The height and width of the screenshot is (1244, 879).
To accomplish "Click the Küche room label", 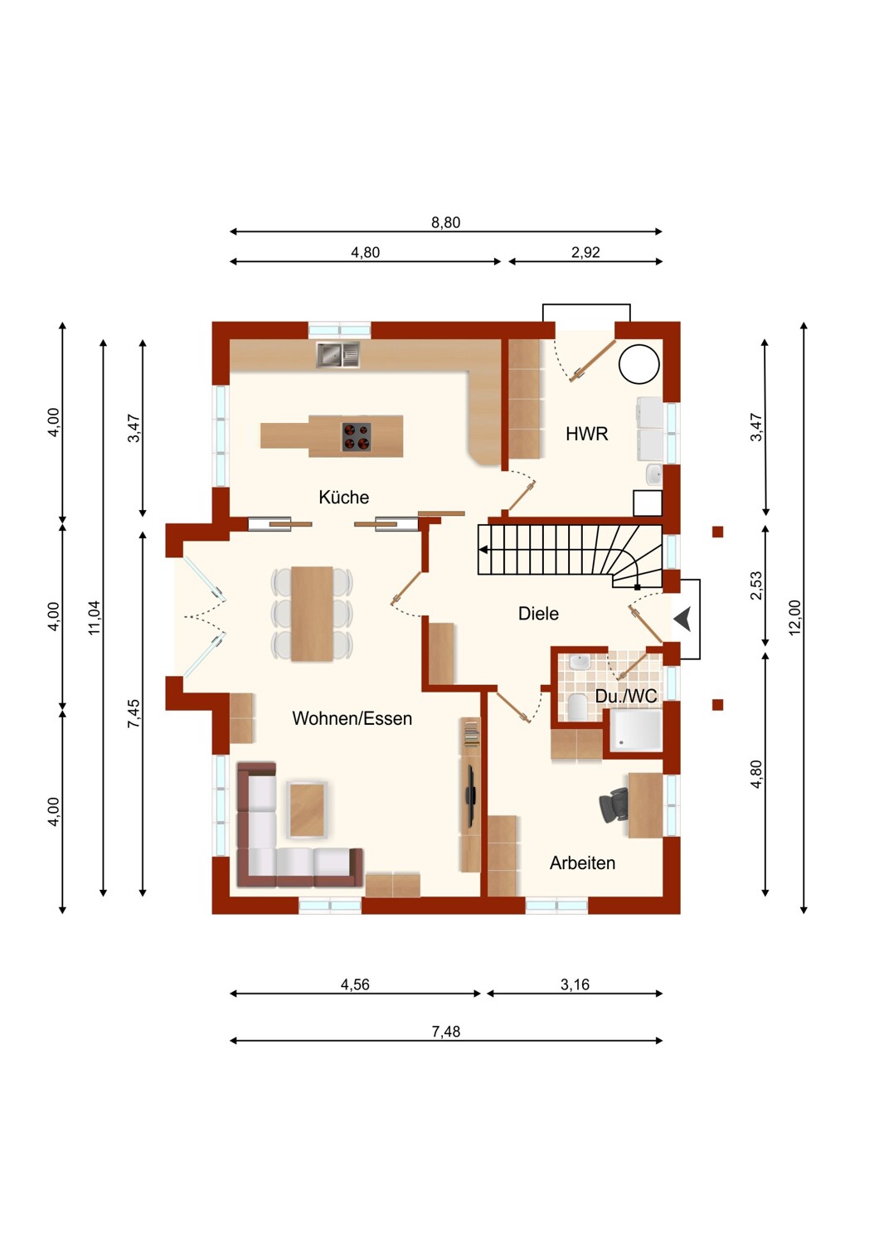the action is tap(343, 497).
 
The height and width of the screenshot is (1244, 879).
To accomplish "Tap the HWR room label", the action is tap(587, 434).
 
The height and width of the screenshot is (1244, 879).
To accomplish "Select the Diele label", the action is tap(538, 614).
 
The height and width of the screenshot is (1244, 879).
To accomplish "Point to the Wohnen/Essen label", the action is tap(352, 719).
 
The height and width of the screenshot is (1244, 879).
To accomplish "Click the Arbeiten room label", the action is tap(582, 863).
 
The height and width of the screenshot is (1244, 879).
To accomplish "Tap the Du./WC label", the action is tap(626, 696).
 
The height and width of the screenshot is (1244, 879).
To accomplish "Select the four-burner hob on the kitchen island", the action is tap(356, 436).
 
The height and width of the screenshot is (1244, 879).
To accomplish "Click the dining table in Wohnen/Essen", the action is tap(312, 614).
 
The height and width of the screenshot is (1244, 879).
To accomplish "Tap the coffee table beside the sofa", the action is tap(307, 809).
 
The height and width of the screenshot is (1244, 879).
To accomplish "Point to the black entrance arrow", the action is tap(682, 619).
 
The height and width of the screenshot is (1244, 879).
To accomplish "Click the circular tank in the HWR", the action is tap(639, 364).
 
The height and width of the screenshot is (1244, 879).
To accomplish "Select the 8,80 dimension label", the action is tap(446, 223).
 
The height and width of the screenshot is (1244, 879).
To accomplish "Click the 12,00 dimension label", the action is tap(795, 617).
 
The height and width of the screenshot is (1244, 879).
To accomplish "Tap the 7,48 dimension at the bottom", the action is tap(446, 1032).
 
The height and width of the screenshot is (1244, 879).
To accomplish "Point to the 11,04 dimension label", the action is tap(95, 618).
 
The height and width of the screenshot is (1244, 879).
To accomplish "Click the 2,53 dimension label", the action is tap(756, 586).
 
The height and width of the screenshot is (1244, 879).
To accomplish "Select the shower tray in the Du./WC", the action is tap(636, 731).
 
